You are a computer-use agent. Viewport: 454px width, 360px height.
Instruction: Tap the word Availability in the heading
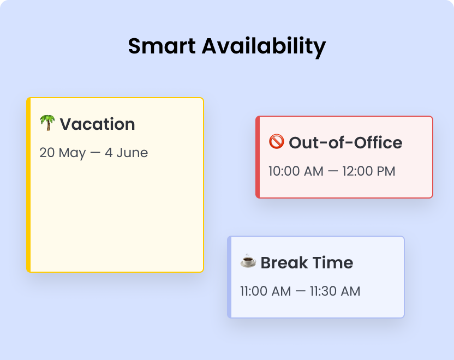point(264,46)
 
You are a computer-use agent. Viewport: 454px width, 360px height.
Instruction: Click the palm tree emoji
point(47,123)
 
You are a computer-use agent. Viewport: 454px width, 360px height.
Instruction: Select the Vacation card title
point(97,124)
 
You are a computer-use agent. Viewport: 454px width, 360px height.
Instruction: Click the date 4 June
point(126,153)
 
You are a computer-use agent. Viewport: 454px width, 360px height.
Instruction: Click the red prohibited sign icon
point(277,142)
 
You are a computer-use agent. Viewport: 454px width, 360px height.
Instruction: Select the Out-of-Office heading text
point(345,143)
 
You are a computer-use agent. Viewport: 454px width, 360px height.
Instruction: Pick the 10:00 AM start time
point(296,171)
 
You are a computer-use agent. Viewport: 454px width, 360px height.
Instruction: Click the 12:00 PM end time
point(368,171)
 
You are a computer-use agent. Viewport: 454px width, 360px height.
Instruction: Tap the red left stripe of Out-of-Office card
point(258,157)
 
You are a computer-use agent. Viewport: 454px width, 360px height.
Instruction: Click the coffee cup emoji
point(248,262)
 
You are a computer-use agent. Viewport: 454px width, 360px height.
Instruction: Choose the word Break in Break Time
point(284,263)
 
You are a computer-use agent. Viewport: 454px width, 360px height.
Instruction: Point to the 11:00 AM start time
point(266,291)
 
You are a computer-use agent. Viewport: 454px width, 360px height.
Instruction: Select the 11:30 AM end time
point(335,291)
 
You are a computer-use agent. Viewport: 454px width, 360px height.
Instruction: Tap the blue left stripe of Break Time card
point(229,277)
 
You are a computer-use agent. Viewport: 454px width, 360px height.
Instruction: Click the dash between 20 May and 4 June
point(95,153)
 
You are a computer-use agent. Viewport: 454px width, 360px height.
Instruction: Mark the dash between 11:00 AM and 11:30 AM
point(300,291)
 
